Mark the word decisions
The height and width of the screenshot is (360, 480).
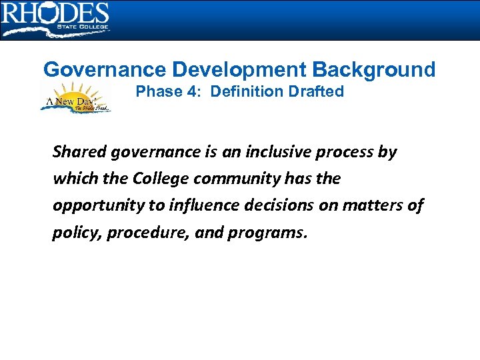click(x=279, y=205)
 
